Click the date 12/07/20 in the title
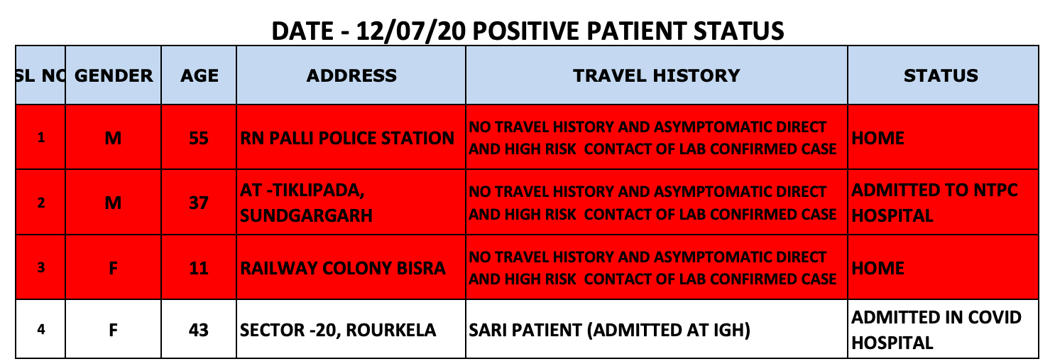click(x=410, y=31)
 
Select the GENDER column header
click(x=114, y=75)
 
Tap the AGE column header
click(x=199, y=75)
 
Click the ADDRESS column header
click(x=351, y=75)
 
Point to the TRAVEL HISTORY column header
click(x=657, y=75)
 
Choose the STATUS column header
click(x=941, y=75)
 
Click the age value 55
click(x=198, y=138)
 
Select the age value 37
click(x=198, y=203)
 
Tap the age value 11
click(x=198, y=268)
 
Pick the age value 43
click(x=198, y=330)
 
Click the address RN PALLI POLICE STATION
click(x=347, y=138)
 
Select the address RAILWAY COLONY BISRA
click(x=343, y=268)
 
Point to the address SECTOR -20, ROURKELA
click(x=338, y=330)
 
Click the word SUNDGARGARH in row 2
click(x=306, y=215)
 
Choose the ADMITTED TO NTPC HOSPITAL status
click(x=934, y=203)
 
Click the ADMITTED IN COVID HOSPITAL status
click(x=936, y=330)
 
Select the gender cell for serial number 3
click(x=113, y=268)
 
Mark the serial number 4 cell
click(x=41, y=330)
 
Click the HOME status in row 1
click(x=878, y=138)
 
